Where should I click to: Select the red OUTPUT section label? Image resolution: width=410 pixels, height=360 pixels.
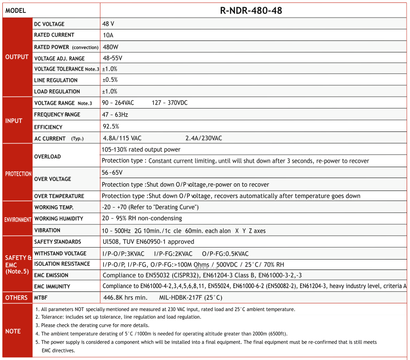17,57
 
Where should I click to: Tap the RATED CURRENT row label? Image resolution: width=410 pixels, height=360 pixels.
54,35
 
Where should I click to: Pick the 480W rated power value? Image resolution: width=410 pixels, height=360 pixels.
110,47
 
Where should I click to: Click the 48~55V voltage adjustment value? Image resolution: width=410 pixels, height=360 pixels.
112,58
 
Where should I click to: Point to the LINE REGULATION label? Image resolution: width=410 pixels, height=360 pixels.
56,80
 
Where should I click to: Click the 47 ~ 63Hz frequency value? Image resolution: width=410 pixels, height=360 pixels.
115,114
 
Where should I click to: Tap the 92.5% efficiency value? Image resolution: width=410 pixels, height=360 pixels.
111,126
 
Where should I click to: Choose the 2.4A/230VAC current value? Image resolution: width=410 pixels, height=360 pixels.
204,138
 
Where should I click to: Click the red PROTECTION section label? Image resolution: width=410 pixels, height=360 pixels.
18,174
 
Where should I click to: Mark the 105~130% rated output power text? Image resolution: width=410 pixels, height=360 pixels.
141,149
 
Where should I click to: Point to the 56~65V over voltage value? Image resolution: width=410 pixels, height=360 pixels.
112,172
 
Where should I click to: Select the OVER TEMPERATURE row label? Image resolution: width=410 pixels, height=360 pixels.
59,196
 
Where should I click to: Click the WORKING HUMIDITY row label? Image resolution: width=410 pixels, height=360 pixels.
59,219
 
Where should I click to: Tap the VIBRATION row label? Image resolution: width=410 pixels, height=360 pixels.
47,230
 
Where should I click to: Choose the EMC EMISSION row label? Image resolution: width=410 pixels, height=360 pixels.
51,275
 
